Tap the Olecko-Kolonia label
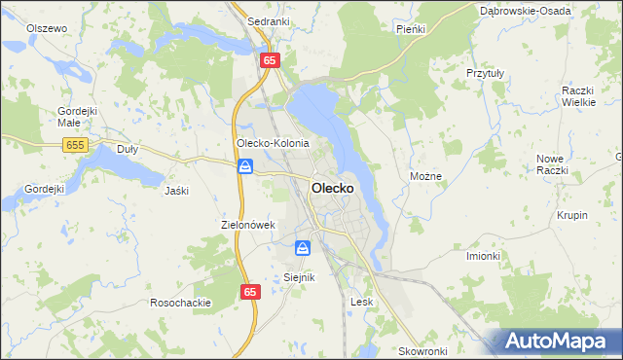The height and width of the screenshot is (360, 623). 273,143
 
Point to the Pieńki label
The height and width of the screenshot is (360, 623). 411,30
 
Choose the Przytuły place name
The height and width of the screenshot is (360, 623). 485,73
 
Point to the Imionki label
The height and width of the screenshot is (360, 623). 483,256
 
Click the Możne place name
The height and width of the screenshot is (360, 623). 426,177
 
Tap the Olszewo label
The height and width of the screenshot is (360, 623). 47,29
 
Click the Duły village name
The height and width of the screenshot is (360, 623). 128,150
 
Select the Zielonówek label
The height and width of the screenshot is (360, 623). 249,225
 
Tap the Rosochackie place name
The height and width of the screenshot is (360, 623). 180,303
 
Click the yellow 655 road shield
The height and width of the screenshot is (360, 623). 74,145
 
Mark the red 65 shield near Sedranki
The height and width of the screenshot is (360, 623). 270,60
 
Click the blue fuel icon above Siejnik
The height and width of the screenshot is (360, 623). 303,248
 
